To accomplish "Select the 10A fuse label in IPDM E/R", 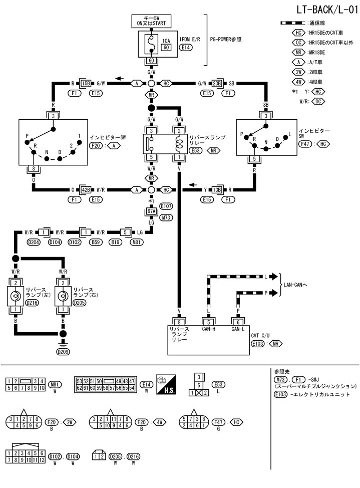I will point(166,40).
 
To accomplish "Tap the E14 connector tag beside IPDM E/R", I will point(185,48).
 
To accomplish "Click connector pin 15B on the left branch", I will point(86,83).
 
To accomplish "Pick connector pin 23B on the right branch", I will point(216,83).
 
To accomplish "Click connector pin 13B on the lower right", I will point(216,190).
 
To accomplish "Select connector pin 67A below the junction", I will point(151,211).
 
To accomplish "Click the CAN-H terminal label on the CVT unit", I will point(209,330).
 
